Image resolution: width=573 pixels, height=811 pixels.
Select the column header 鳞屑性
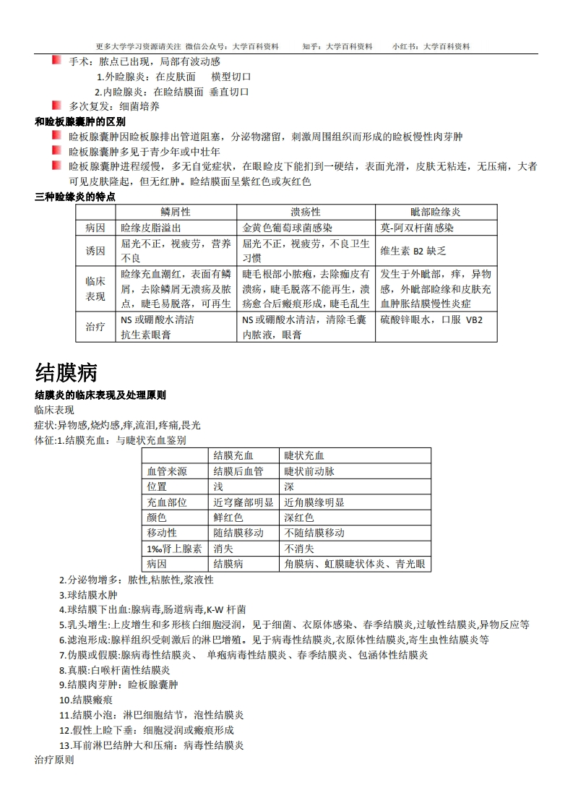pos(176,212)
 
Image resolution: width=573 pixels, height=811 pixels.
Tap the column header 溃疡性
pos(306,212)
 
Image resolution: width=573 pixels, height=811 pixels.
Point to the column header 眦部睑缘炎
pos(436,212)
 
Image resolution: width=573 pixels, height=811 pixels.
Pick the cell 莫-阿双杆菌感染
pos(417,228)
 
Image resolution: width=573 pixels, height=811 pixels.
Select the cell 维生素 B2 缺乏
pos(413,251)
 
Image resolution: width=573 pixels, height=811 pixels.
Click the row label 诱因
pos(95,251)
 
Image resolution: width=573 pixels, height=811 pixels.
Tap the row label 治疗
pos(95,327)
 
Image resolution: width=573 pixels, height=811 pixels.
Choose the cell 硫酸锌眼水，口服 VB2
pos(431,319)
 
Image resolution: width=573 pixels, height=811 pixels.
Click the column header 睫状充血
pos(304,455)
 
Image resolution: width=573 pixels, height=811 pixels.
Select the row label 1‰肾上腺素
pos(174,549)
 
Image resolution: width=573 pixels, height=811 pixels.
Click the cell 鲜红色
pos(228,518)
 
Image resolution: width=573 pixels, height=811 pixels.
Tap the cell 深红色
pos(299,518)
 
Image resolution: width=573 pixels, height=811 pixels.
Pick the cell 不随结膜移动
pos(314,533)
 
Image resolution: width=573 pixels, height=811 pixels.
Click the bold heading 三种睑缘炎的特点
pos(75,197)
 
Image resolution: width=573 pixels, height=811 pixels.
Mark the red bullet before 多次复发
pos(56,106)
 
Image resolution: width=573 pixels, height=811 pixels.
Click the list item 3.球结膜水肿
pos(88,595)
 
